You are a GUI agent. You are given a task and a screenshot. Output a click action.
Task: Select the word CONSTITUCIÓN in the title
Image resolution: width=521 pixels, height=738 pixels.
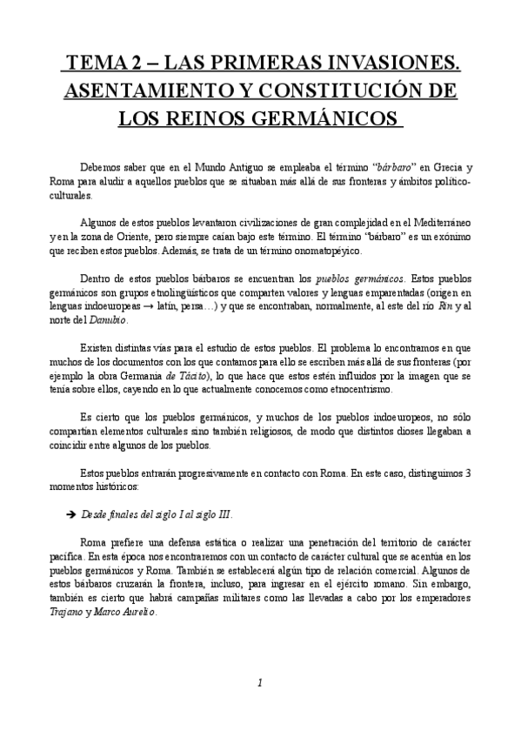tap(341, 90)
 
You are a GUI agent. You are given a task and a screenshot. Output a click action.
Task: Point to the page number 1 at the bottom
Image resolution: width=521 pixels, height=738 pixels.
tap(260, 684)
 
